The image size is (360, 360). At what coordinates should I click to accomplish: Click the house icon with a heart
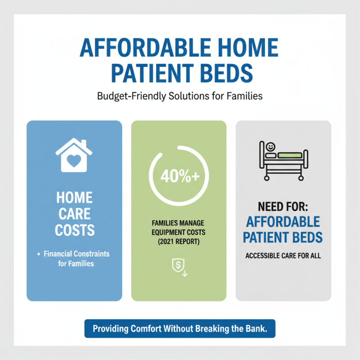coord(74,155)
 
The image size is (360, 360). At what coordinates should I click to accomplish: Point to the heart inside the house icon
coord(74,159)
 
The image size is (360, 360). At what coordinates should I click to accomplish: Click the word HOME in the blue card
coord(74,198)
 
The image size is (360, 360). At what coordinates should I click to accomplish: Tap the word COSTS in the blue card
coord(74,230)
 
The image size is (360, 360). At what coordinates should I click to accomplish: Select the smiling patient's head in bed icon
coord(270,147)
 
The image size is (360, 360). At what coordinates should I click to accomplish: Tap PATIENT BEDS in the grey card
coord(283,237)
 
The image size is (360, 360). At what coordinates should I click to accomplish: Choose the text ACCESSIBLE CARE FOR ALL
coord(283,256)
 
